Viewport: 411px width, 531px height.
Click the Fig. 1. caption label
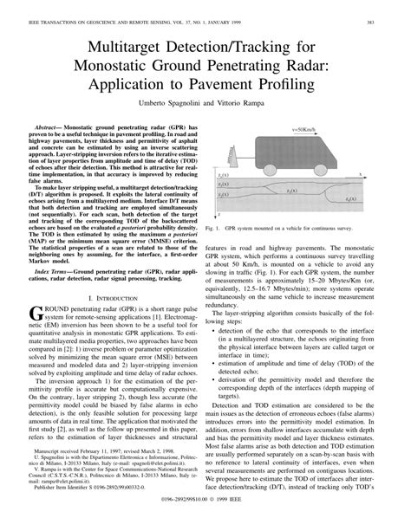click(x=215, y=230)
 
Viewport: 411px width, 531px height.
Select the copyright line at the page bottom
click(x=205, y=523)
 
